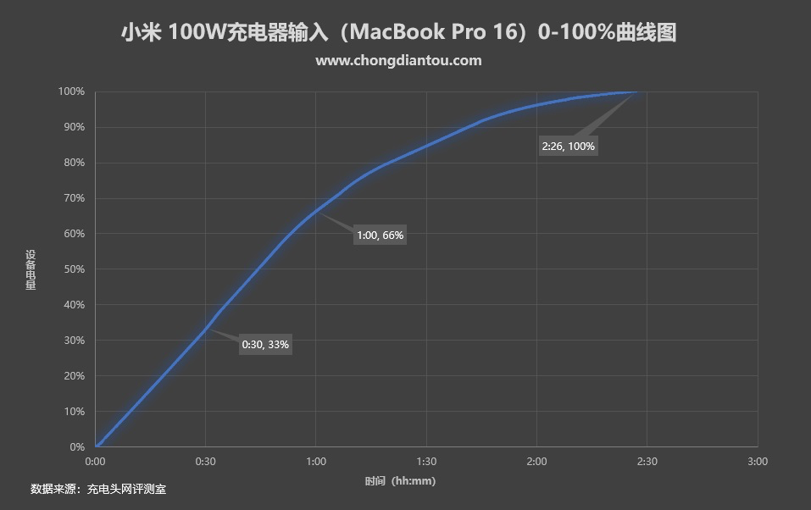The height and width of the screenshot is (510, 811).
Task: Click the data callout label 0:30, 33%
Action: [x=265, y=345]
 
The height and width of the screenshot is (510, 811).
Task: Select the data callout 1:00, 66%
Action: [x=380, y=235]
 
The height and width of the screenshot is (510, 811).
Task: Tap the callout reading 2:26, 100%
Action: [x=568, y=147]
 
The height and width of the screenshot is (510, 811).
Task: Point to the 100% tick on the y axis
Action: [x=71, y=91]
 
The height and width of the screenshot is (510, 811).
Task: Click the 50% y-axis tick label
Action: [x=74, y=269]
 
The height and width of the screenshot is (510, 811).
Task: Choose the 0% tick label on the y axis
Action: [x=76, y=446]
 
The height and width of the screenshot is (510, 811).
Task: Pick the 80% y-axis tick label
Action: [x=74, y=163]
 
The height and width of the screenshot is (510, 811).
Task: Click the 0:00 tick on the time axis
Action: [x=96, y=462]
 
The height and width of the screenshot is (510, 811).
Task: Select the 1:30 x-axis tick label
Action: [x=426, y=462]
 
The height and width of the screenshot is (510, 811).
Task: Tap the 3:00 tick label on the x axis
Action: [x=757, y=462]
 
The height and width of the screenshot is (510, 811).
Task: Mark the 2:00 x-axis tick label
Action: [x=536, y=462]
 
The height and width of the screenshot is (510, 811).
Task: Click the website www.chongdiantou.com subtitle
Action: [x=398, y=60]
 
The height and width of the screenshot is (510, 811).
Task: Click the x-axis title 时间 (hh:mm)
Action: [x=400, y=481]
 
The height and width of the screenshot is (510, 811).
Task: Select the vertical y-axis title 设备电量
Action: [x=31, y=269]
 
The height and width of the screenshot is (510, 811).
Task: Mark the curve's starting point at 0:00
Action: [x=97, y=446]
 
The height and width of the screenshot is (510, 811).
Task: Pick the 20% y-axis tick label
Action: [x=74, y=376]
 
